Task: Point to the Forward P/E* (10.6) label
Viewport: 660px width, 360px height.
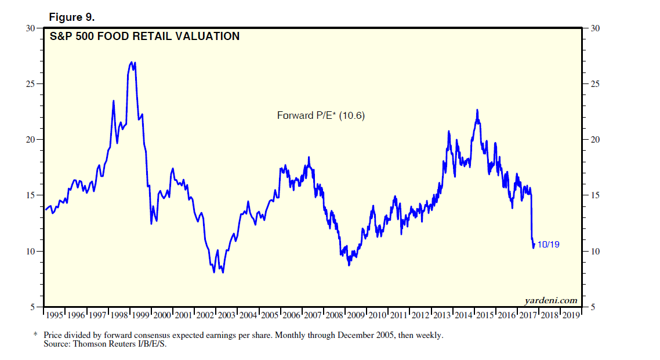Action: tap(321, 116)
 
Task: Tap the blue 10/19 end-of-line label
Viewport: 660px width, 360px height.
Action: tap(548, 245)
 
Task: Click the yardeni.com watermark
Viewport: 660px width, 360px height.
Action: tap(550, 300)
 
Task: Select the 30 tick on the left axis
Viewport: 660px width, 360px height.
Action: tap(31, 28)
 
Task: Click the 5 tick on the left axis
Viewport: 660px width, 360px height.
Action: tap(33, 307)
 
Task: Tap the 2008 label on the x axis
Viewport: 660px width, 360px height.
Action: tap(335, 315)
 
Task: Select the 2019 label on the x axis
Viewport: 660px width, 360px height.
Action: tap(571, 315)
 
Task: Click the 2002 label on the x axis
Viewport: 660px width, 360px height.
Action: tap(205, 315)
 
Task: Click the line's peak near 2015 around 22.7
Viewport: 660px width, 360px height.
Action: tap(477, 110)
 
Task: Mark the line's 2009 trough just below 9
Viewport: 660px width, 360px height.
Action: tap(349, 265)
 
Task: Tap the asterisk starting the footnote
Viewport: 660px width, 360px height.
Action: tap(35, 335)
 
